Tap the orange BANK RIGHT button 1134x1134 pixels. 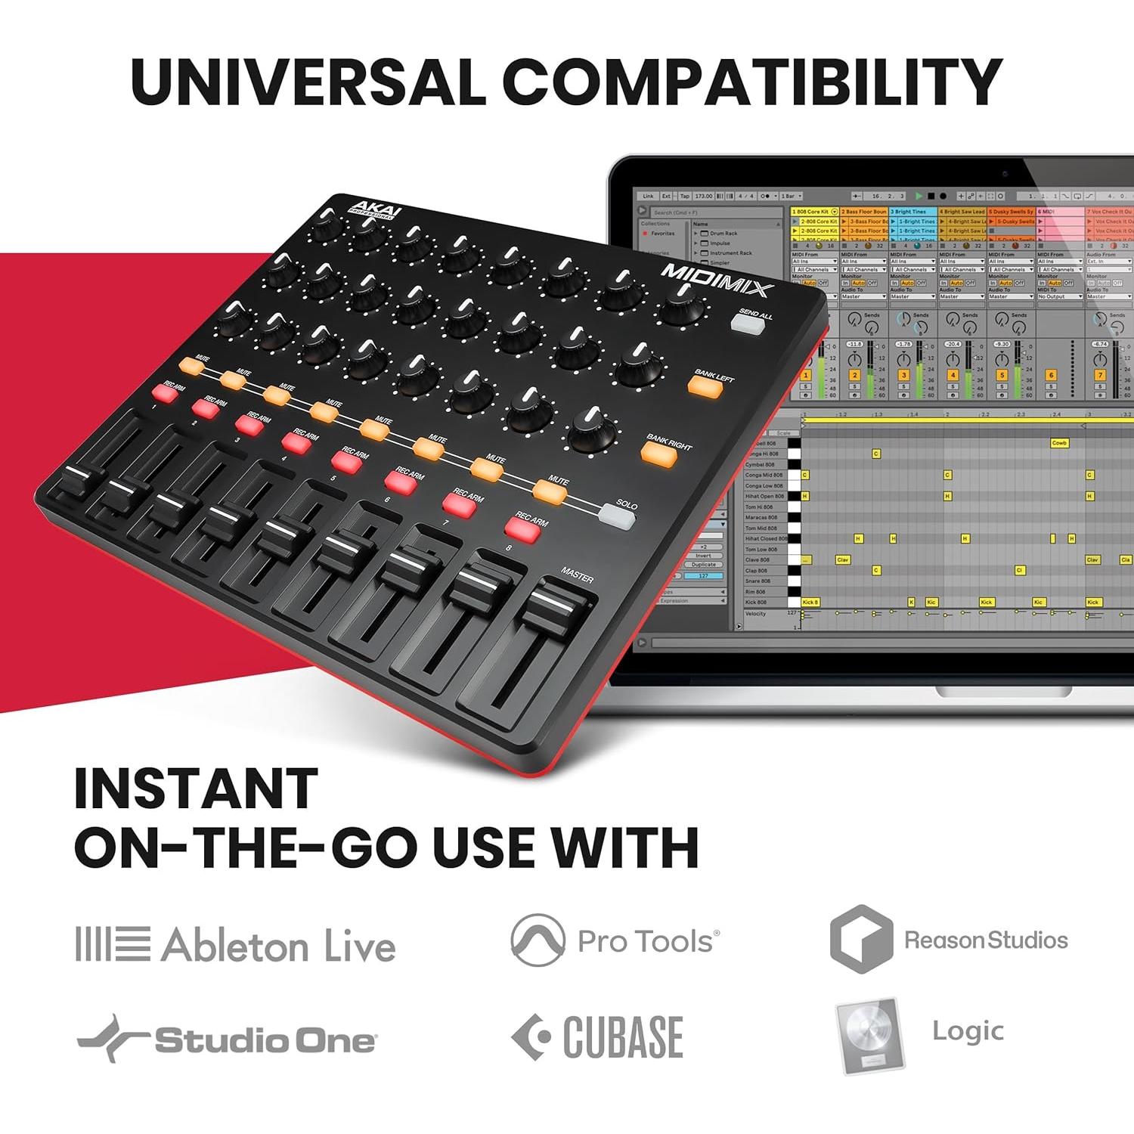658,452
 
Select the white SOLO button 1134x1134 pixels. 616,517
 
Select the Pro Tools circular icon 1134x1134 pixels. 538,940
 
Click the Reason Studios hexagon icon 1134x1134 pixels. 860,939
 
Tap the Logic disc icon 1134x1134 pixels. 869,1035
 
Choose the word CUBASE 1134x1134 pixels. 623,1036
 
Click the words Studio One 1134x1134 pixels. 265,1041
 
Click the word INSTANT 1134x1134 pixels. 197,789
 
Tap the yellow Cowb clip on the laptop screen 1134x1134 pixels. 1059,443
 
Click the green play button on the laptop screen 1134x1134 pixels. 919,197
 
